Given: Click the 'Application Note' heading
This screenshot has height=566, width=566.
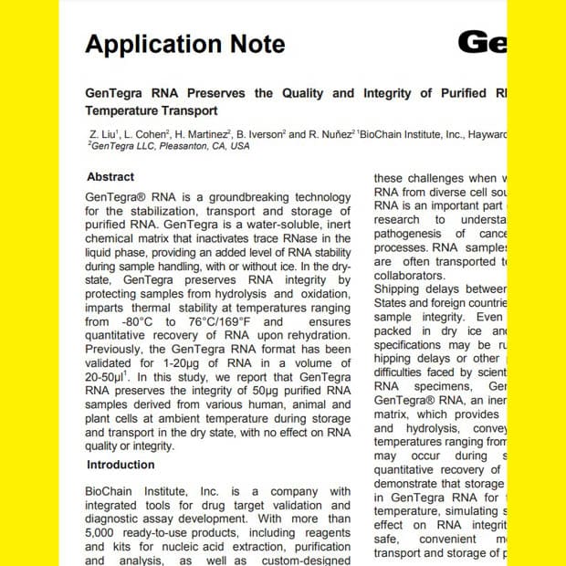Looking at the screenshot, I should tap(184, 44).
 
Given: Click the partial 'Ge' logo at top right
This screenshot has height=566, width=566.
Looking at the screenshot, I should tap(482, 42).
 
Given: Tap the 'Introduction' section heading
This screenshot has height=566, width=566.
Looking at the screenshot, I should tap(121, 465).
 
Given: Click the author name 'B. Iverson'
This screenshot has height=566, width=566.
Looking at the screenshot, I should tap(259, 134).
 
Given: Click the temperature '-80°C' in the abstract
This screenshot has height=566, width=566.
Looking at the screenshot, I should tap(133, 321).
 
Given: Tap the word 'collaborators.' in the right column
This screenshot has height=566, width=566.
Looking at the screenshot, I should tap(410, 275).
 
